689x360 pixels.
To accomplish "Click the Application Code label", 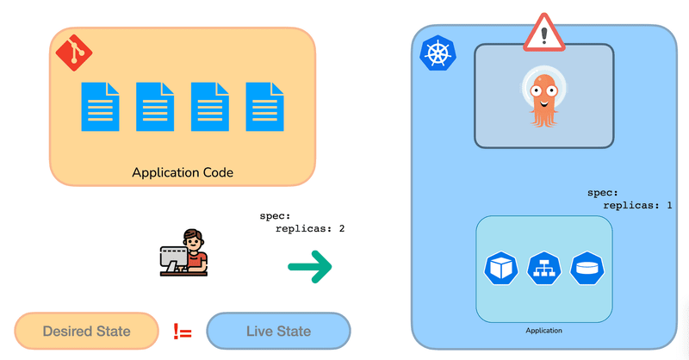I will click(183, 172).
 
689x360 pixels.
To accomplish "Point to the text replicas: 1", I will click(638, 206).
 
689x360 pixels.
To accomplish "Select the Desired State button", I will click(87, 331).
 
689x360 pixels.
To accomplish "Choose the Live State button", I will click(278, 331).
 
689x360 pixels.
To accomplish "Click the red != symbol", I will click(183, 331).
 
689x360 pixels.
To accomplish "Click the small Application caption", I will click(543, 330).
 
